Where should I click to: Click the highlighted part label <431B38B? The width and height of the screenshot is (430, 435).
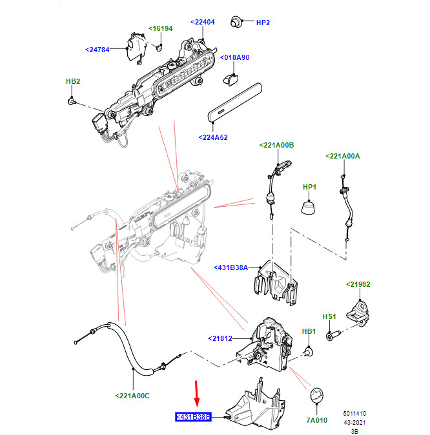[193, 417]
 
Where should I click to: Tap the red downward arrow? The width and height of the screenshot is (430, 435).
[197, 394]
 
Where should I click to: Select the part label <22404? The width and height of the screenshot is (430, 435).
[203, 22]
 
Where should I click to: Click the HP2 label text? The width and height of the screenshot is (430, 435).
[263, 23]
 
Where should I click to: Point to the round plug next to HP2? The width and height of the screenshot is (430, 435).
[236, 22]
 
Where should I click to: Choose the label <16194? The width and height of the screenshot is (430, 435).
[160, 28]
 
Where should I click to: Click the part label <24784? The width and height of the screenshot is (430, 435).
[97, 50]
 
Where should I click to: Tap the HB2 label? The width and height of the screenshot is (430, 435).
[73, 81]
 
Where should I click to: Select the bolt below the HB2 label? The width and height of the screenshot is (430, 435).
[72, 101]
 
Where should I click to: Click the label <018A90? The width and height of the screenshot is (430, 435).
[234, 57]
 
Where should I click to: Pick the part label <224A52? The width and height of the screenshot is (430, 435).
[213, 137]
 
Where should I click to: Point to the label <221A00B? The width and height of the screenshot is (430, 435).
[276, 146]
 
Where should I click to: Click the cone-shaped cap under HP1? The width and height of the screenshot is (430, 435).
[308, 208]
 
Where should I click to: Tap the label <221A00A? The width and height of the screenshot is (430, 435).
[343, 156]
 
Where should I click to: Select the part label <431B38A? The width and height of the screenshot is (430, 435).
[230, 267]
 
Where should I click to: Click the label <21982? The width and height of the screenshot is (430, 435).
[358, 284]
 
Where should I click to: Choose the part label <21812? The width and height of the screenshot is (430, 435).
[220, 338]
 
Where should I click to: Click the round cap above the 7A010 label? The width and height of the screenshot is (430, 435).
[317, 395]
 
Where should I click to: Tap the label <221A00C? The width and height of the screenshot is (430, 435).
[132, 396]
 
